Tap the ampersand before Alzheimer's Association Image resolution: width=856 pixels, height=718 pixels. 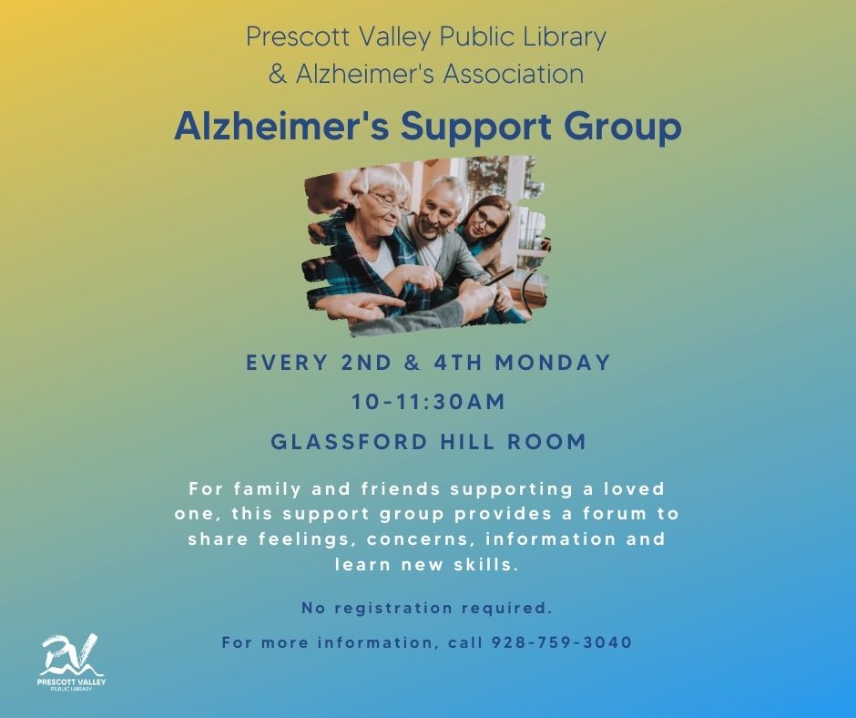point(278,75)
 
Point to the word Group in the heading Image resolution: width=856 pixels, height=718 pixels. point(622,128)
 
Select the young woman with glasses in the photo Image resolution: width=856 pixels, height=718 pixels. point(486,230)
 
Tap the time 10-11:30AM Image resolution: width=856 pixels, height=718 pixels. point(429,402)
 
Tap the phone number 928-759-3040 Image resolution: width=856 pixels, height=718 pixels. point(562,642)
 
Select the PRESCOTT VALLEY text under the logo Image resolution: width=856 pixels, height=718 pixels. point(72,682)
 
